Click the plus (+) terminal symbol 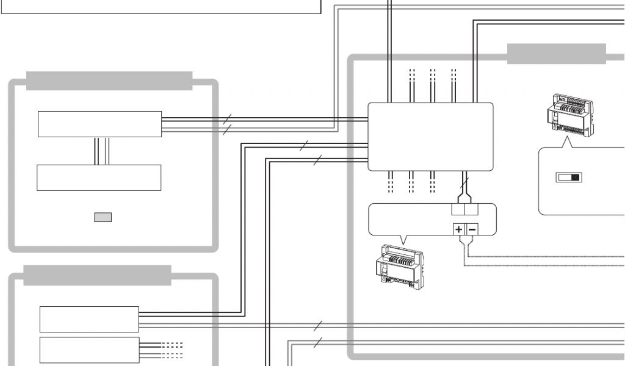[458, 230]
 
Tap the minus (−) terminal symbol [472, 230]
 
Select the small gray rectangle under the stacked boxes [103, 217]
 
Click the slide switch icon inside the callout [568, 178]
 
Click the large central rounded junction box [430, 137]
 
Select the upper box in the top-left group [99, 124]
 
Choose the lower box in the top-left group [99, 178]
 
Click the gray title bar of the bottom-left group [97, 275]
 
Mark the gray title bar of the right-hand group [556, 54]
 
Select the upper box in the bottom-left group [89, 319]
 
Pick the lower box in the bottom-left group [89, 350]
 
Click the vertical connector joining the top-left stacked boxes [102, 151]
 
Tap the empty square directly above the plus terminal [458, 209]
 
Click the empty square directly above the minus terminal [472, 209]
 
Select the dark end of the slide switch [576, 178]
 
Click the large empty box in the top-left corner [160, 6]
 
